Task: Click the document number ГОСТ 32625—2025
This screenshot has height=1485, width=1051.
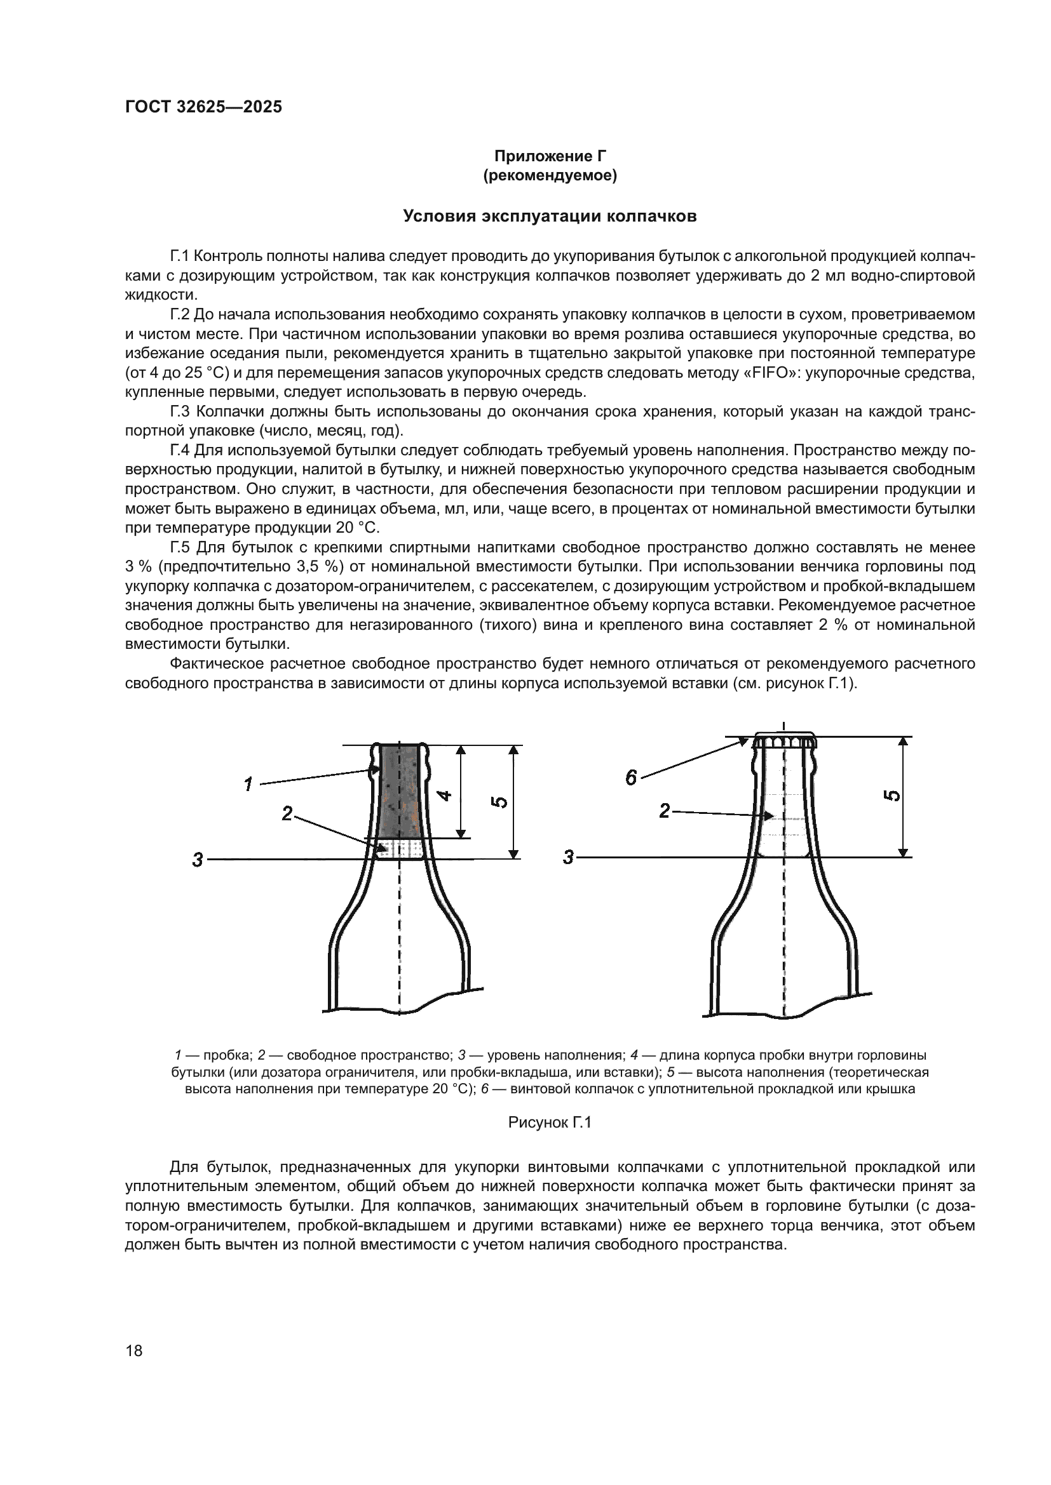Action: tap(203, 107)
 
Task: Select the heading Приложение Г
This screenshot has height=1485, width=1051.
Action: tap(550, 157)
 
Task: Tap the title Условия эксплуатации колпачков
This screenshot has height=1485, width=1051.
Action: tap(550, 216)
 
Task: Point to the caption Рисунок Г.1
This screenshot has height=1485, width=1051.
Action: tap(550, 1122)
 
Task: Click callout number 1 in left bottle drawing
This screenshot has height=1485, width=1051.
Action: tap(248, 785)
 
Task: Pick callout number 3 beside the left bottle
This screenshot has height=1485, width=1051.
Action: tap(198, 860)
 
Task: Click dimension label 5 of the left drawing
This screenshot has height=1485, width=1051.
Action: tap(499, 802)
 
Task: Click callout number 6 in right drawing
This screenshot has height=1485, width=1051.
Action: tap(631, 778)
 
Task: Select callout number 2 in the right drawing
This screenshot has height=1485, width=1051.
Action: tap(664, 811)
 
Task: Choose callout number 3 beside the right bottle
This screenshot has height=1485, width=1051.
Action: tap(568, 858)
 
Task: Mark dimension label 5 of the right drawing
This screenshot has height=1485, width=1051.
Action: tap(892, 796)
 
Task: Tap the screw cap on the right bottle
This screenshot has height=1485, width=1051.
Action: tap(783, 740)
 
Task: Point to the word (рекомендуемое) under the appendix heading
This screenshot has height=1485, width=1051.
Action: tap(550, 176)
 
